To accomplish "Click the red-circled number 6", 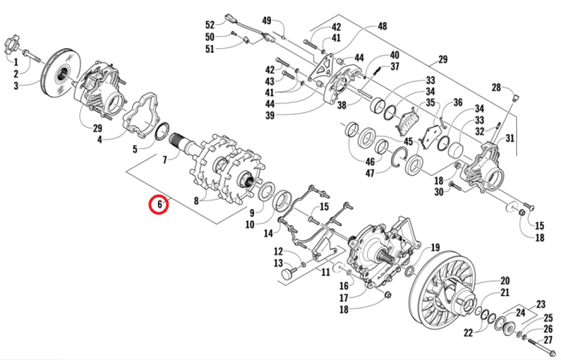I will point(160,204).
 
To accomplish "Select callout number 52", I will point(209,24).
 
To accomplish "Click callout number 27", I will point(549,341).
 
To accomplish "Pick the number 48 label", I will point(381,26).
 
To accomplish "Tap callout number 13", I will point(278,264).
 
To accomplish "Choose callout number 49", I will point(268,20).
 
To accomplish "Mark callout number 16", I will point(343,285).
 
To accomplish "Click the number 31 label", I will point(510,138).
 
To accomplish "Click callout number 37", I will point(394,67).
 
